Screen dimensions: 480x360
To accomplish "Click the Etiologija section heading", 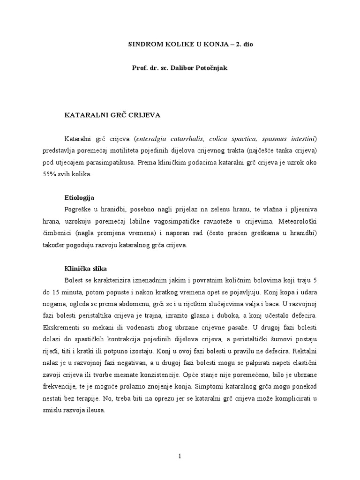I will [x=79, y=197].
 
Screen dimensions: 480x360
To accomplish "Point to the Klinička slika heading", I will [x=85, y=269].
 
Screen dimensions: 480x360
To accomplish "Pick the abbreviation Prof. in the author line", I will [x=140, y=68].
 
